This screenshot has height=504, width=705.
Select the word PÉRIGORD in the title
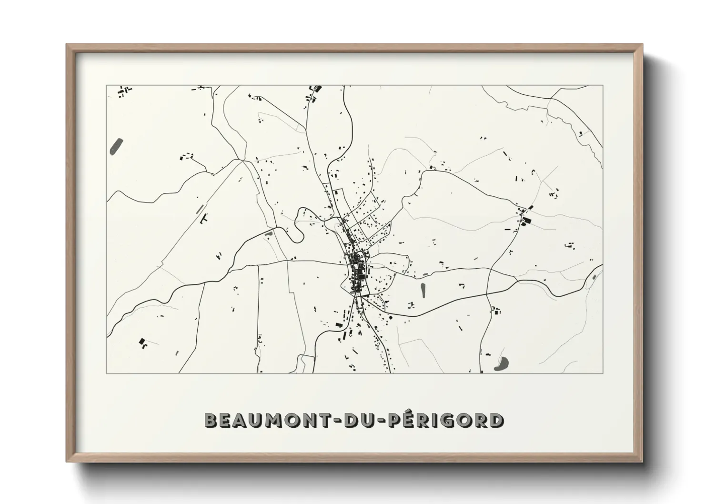445,420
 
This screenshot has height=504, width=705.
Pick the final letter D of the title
496,420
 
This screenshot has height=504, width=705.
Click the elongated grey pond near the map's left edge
116,146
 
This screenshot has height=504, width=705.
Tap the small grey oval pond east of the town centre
423,289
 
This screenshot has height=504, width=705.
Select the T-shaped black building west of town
204,218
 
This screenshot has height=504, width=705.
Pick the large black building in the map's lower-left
142,341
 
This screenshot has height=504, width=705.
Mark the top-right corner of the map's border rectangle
603,86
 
